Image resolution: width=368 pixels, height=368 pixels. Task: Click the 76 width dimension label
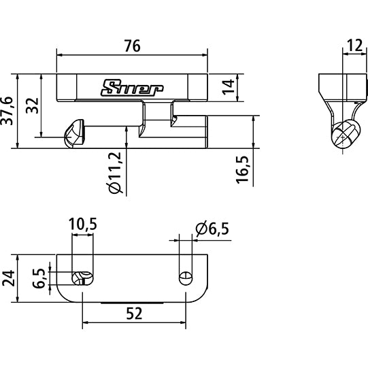click(132, 46)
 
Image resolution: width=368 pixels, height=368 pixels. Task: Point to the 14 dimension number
click(229, 86)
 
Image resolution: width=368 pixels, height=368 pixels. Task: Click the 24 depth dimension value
click(7, 279)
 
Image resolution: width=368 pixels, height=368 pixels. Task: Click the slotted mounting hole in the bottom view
click(82, 277)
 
